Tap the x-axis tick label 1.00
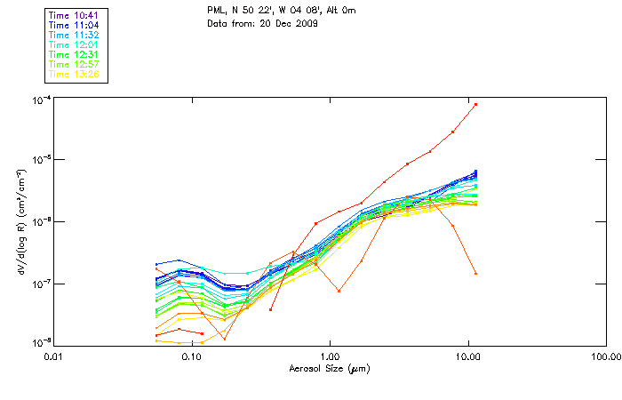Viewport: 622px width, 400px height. (330, 356)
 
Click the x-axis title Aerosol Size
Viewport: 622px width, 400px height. (329, 368)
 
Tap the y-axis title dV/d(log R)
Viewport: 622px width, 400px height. (19, 221)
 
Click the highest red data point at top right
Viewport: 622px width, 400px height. (475, 104)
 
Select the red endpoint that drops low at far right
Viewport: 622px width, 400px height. (475, 273)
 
